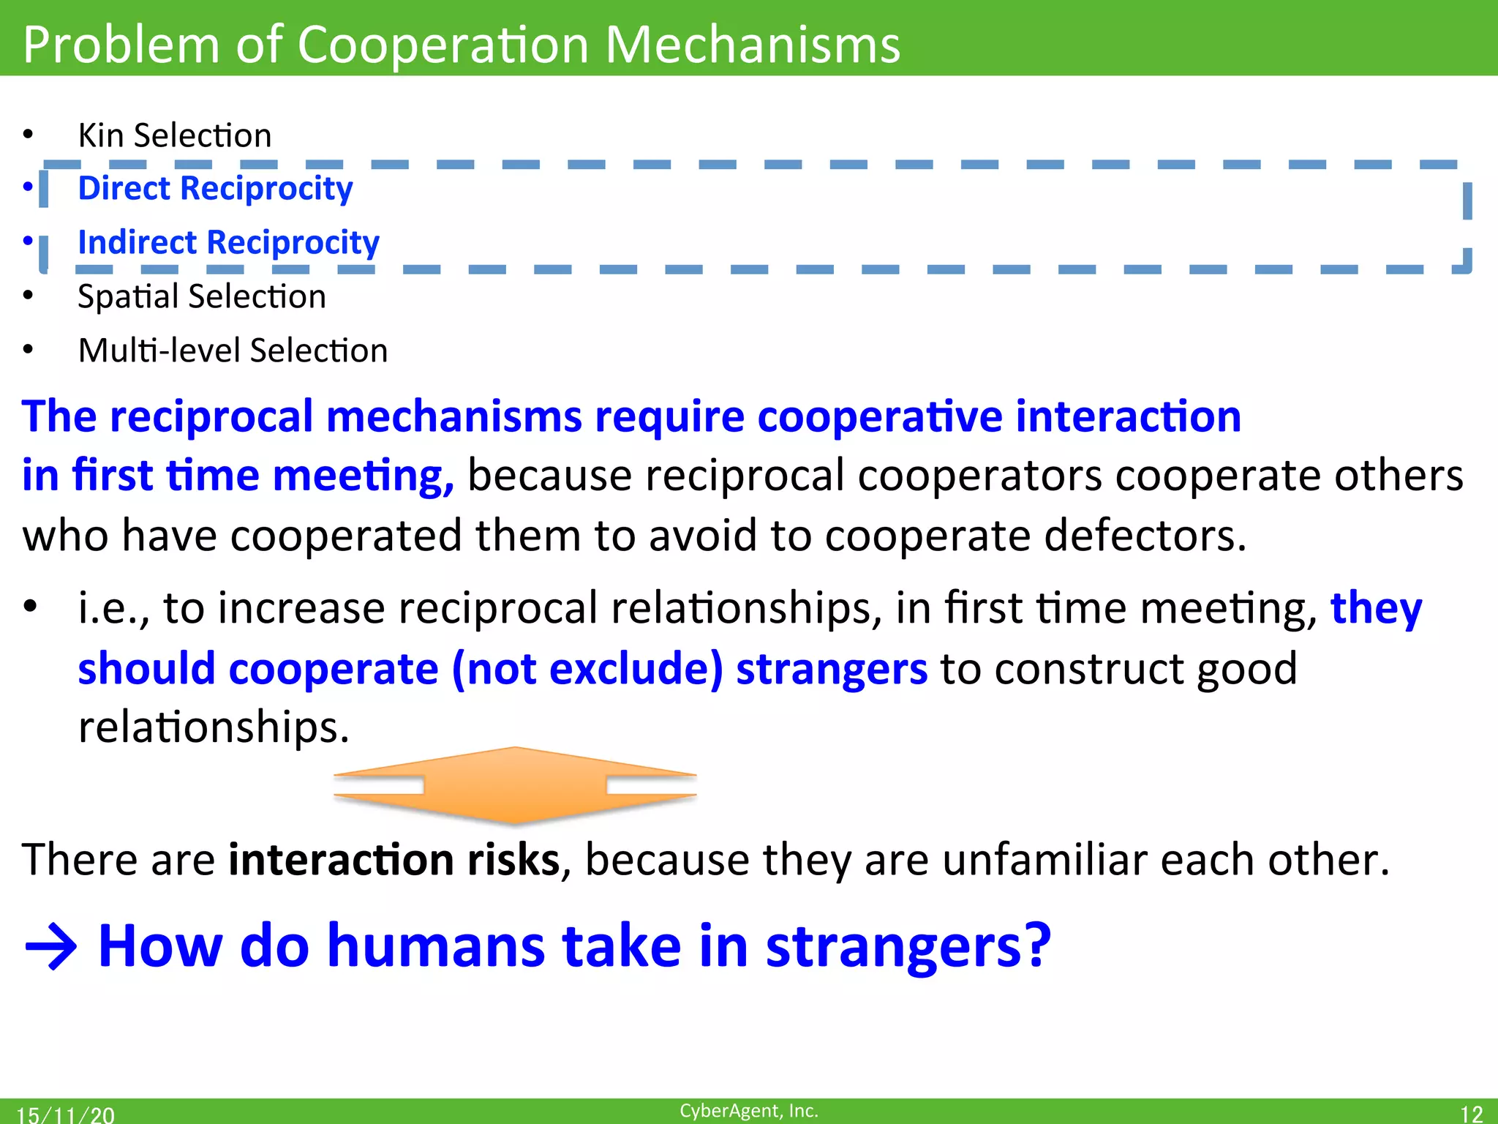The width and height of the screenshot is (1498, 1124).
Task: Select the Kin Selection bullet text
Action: click(174, 136)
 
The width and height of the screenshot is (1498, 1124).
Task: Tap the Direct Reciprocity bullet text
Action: click(215, 189)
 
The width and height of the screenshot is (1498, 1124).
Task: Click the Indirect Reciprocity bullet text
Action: click(228, 243)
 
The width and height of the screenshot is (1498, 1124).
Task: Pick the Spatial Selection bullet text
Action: click(201, 297)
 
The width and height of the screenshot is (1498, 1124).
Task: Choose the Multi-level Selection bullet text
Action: click(233, 351)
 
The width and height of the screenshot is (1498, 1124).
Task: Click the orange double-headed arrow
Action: click(515, 785)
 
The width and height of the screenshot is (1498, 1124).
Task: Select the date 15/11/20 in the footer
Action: click(66, 1114)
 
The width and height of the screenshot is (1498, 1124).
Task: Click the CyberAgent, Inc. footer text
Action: click(748, 1111)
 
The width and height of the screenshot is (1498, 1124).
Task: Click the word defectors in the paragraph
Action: click(1144, 536)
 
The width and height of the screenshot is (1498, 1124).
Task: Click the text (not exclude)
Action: click(587, 670)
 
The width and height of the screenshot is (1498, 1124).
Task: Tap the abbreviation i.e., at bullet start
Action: click(113, 609)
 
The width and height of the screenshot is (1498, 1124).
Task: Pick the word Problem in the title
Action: click(121, 45)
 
